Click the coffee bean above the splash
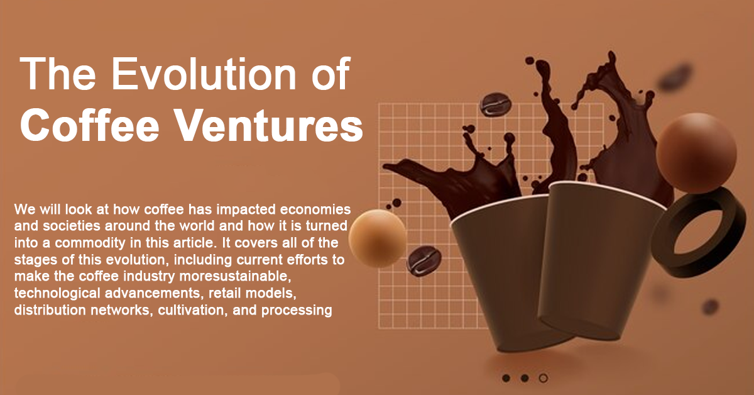pos(494,104)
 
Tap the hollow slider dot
pos(544,378)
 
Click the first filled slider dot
pos(506,378)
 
